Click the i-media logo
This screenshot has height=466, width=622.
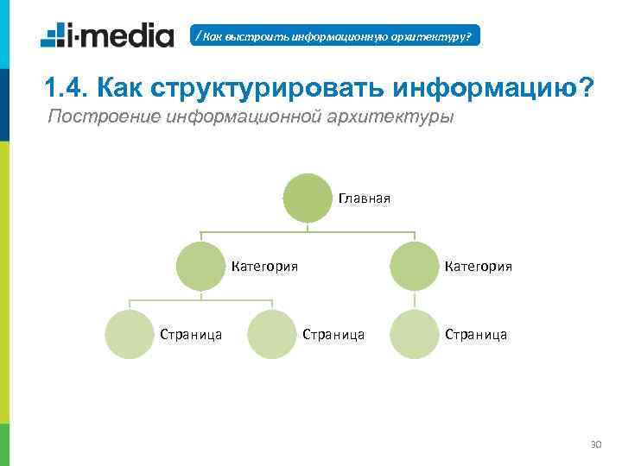[107, 35]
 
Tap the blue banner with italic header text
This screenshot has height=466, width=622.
[334, 36]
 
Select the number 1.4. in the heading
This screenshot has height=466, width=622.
[66, 87]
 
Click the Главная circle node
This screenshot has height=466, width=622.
[308, 198]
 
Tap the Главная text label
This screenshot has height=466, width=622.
[365, 198]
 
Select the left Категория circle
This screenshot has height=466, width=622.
[200, 266]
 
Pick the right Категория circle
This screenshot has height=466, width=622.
[415, 266]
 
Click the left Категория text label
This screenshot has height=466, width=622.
[265, 267]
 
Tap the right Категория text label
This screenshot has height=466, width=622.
[479, 267]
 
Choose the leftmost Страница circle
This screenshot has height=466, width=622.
[130, 333]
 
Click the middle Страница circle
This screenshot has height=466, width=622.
[272, 333]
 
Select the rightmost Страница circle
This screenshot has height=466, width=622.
[415, 333]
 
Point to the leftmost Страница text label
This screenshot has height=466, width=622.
[192, 334]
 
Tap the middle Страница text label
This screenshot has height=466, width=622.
[333, 334]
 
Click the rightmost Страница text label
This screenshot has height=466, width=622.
[476, 334]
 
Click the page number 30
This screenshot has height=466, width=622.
[594, 444]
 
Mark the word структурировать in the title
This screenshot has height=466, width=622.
[268, 87]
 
